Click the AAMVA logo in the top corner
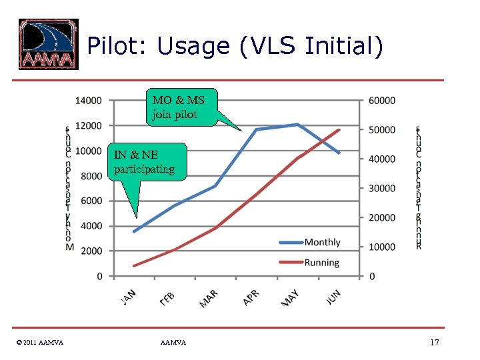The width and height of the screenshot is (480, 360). pos(48,44)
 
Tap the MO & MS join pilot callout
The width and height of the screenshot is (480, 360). pos(179,107)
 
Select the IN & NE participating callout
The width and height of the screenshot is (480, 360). pos(143,162)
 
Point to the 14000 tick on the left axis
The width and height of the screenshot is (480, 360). pos(88,101)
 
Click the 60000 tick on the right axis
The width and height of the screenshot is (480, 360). pos(382,101)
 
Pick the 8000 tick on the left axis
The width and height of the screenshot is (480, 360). pos(91,176)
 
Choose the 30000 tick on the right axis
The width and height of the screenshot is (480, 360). pos(382,188)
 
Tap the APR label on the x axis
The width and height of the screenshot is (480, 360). pos(251,297)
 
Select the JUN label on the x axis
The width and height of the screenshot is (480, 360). pos(334,297)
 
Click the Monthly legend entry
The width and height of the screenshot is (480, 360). pos(322,243)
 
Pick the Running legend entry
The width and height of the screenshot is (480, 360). pos(322,263)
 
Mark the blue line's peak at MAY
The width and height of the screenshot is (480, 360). pos(297,124)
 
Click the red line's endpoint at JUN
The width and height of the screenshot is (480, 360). pos(339,130)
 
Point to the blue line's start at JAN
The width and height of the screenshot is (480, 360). pos(135,231)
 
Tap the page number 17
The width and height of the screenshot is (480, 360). pos(435,343)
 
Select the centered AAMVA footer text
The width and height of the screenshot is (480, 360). pos(173,343)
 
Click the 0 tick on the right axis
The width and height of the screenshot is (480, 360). pos(372,276)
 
